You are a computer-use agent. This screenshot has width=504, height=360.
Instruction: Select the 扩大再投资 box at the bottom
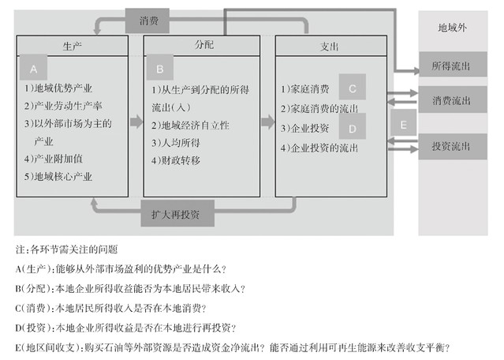[x=175, y=213]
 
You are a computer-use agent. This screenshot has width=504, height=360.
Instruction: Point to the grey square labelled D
[x=353, y=125]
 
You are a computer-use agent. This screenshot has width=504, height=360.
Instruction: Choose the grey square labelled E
[x=403, y=125]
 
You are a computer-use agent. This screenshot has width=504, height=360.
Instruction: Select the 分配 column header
[x=203, y=47]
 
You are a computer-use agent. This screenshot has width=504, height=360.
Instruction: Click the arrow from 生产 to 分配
[x=136, y=122]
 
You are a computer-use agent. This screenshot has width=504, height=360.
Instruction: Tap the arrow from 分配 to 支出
[x=267, y=122]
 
